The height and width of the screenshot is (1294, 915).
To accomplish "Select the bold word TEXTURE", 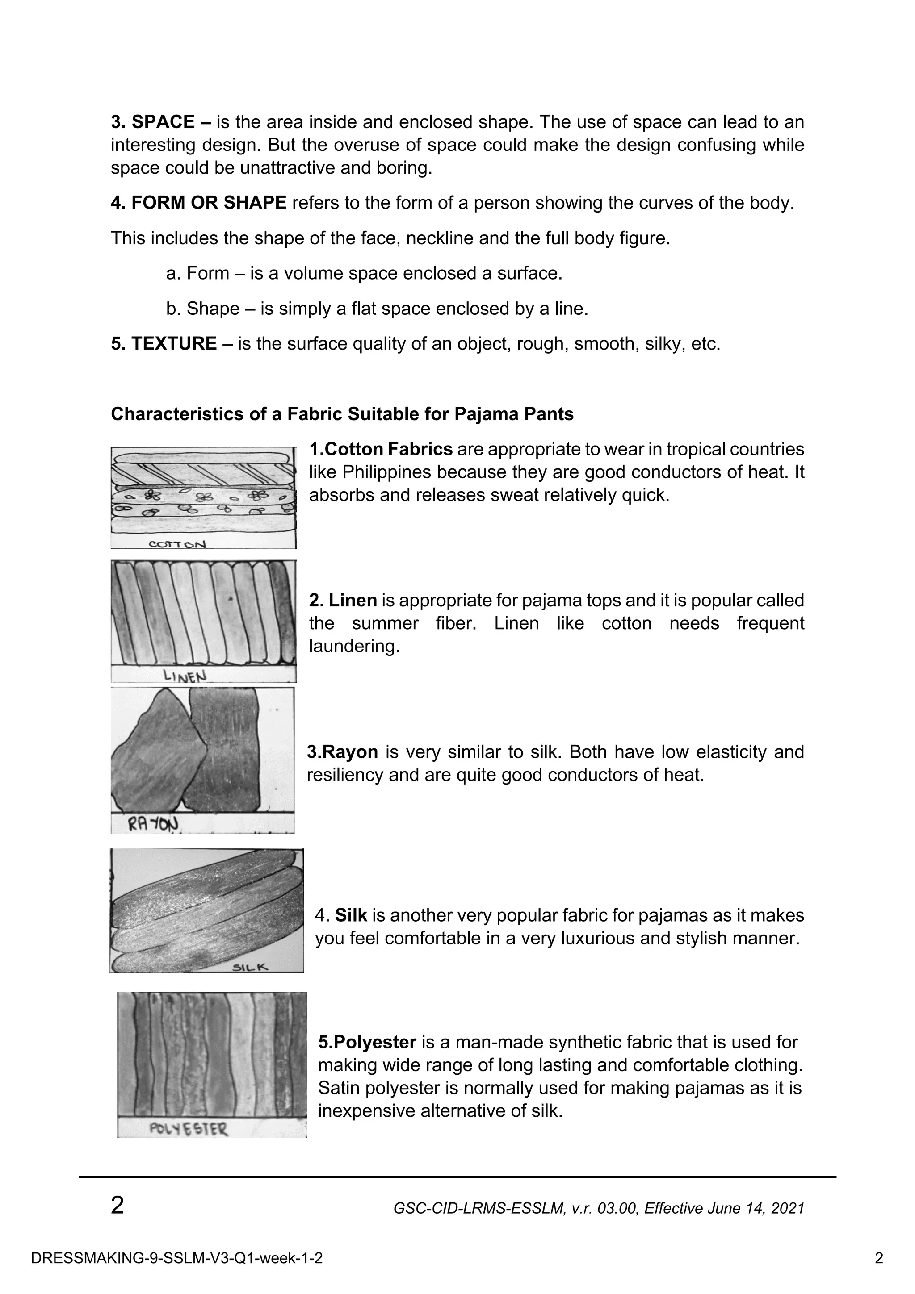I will click(174, 343).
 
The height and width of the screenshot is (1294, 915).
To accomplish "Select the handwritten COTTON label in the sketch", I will click(177, 544).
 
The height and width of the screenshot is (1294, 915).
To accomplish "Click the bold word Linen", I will click(353, 600).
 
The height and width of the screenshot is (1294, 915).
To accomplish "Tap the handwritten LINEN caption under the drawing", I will click(185, 676).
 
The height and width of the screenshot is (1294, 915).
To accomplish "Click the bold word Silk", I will click(351, 915).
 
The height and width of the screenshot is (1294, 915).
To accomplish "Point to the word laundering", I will click(353, 646).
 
